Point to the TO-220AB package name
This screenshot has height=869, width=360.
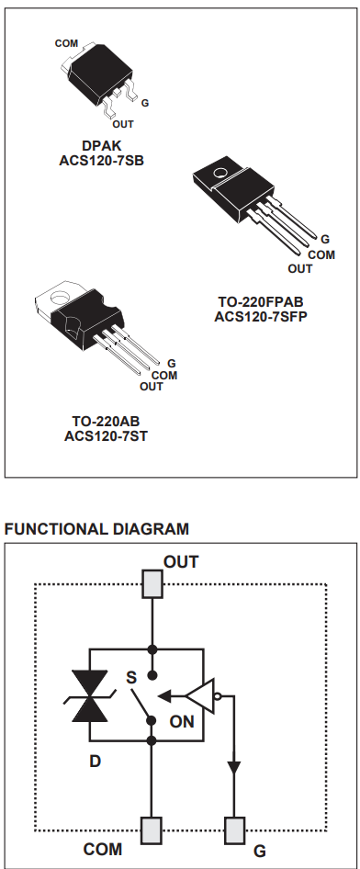(x=106, y=422)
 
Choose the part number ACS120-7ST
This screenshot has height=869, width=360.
(x=106, y=435)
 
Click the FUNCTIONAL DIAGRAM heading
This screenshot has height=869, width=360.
(x=96, y=529)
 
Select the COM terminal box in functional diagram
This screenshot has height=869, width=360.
(x=152, y=829)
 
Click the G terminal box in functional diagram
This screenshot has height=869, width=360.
(x=235, y=829)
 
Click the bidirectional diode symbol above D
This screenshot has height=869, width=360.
(x=89, y=695)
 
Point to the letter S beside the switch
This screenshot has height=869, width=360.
(x=130, y=676)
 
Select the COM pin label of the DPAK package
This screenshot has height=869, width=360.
(x=66, y=43)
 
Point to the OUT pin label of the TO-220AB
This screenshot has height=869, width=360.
(x=151, y=387)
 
